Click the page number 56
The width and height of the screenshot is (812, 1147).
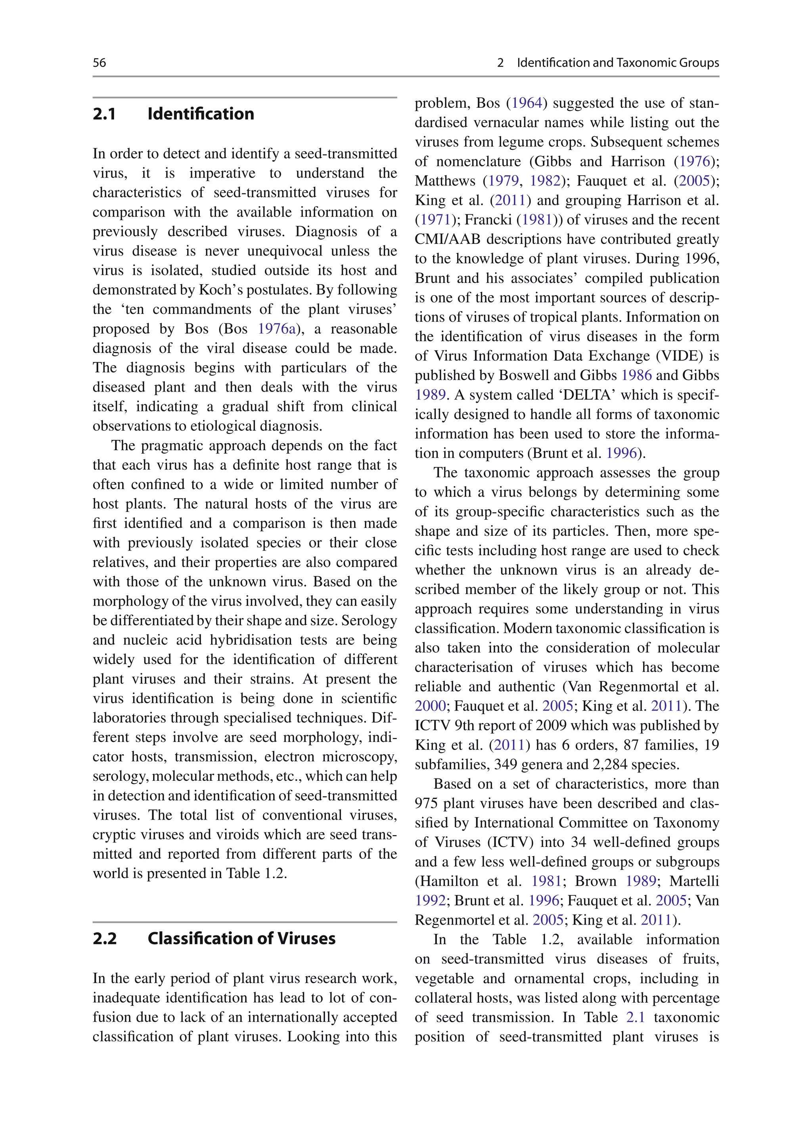point(99,63)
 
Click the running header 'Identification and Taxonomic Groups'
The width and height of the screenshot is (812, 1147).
point(617,63)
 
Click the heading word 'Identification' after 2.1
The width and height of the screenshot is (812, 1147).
point(201,114)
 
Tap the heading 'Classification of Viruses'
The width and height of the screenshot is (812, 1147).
point(241,938)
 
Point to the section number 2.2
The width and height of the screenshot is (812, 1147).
point(105,938)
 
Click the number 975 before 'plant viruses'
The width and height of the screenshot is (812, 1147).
point(427,804)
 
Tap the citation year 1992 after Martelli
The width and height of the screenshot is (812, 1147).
point(430,900)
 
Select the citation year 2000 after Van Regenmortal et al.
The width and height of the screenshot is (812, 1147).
point(430,706)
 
